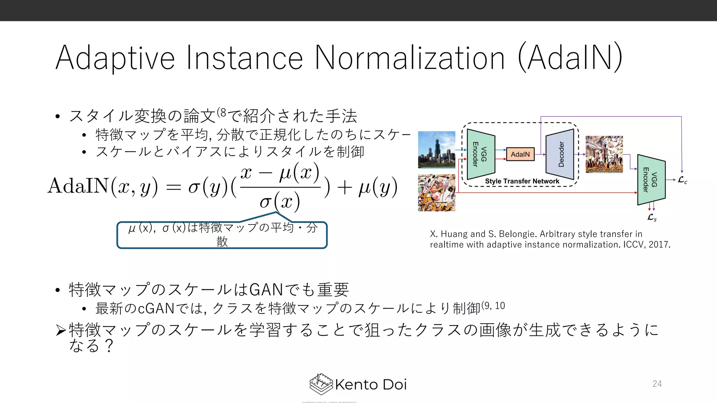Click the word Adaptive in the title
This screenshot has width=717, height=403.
116,58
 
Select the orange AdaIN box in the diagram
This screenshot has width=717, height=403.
520,154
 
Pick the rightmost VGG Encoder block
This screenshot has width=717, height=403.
651,180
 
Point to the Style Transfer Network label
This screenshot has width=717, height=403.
522,181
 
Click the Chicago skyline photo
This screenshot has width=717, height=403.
437,150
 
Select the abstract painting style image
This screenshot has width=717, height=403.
437,193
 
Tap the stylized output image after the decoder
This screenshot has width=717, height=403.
604,154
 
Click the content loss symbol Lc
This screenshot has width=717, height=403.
682,180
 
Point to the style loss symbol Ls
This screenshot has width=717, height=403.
652,218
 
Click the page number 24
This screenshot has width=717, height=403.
657,384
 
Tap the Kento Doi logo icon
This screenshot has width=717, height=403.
321,384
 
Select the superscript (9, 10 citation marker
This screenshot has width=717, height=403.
493,306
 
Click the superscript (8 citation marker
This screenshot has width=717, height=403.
222,113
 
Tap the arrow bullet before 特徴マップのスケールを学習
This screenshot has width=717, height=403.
61,330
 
